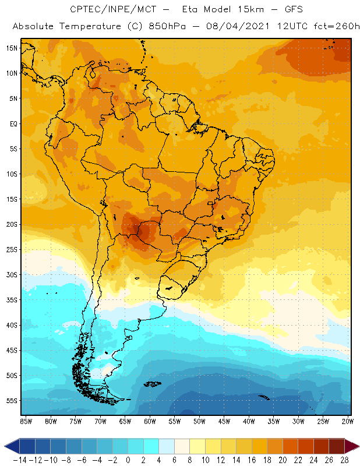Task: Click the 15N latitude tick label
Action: click(x=12, y=48)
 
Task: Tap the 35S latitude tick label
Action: click(x=12, y=299)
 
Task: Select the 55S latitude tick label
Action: click(x=12, y=400)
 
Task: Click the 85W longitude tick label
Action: click(x=26, y=421)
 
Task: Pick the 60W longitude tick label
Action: click(x=150, y=421)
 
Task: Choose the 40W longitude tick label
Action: click(x=249, y=421)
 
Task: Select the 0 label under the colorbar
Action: click(x=128, y=459)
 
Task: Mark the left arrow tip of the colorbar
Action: click(x=5, y=447)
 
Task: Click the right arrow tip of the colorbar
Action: click(x=357, y=447)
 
